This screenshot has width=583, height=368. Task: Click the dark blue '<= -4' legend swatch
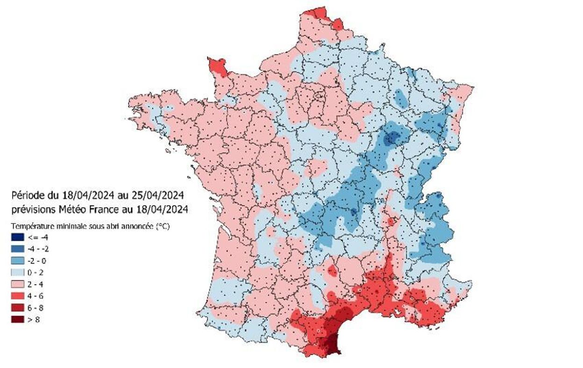click(17, 237)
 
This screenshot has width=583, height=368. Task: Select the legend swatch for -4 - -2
click(17, 248)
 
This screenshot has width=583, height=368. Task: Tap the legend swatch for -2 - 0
click(17, 260)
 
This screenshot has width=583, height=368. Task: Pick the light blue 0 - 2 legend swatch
click(17, 272)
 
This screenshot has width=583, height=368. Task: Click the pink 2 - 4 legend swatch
click(17, 284)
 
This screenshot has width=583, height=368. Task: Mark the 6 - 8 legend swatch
click(17, 308)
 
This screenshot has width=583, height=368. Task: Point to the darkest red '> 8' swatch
click(17, 320)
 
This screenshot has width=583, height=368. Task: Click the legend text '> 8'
click(34, 320)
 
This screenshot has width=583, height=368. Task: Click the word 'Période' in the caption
click(27, 195)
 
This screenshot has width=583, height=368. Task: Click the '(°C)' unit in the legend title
click(162, 226)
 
